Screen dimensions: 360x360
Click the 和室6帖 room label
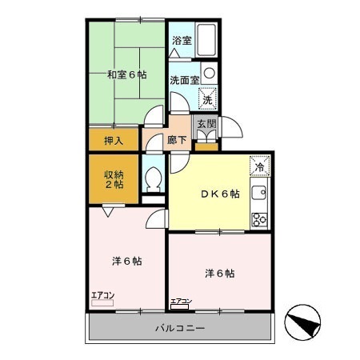[x=126, y=75]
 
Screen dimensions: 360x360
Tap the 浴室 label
[x=181, y=41]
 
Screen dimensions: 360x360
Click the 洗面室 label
[x=184, y=79]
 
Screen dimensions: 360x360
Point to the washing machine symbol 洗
[x=207, y=100]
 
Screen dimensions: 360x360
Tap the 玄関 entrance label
[x=206, y=124]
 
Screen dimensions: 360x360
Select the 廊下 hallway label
[x=178, y=140]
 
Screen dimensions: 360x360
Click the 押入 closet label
[x=114, y=141]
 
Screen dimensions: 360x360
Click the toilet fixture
[x=152, y=178]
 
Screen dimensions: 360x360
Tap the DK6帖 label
[x=220, y=194]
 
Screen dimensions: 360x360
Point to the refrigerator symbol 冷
[x=260, y=167]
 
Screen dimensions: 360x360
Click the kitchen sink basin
[x=260, y=193]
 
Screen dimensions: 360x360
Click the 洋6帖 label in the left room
[x=126, y=261]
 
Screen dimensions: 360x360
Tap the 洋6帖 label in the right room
[x=219, y=274]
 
